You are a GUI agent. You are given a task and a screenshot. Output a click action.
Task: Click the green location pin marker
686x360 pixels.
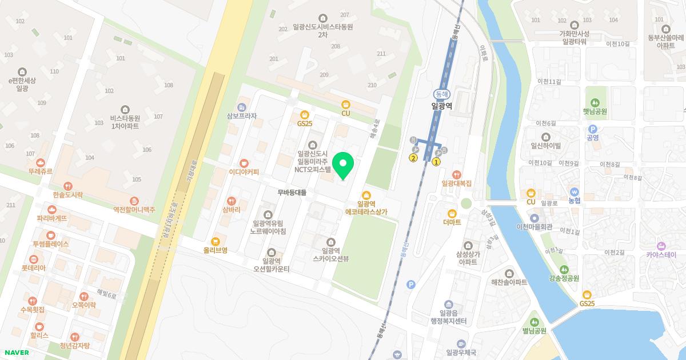(343, 166)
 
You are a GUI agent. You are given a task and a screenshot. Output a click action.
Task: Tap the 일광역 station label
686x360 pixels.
(441, 106)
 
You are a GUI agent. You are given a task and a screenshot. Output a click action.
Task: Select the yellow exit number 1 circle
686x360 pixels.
(436, 162)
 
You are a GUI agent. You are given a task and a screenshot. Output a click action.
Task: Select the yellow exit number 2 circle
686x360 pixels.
(413, 158)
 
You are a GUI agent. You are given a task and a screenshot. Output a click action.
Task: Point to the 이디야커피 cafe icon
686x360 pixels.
(244, 163)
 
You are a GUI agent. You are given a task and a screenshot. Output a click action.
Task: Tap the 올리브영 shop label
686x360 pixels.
(216, 250)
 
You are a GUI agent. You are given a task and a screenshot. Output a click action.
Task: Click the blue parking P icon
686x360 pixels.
(410, 284)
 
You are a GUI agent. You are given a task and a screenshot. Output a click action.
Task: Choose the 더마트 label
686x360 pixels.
(452, 222)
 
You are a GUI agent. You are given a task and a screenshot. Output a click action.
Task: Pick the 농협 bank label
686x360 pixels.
(574, 201)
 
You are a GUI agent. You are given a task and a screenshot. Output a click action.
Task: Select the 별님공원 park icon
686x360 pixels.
(535, 321)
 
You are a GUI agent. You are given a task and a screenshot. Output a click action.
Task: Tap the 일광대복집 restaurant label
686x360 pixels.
(456, 183)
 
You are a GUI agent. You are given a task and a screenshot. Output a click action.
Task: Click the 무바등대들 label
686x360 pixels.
(292, 193)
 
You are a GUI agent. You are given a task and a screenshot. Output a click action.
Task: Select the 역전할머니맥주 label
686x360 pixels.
(134, 210)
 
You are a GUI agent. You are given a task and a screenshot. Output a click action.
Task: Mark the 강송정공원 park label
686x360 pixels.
(564, 278)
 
